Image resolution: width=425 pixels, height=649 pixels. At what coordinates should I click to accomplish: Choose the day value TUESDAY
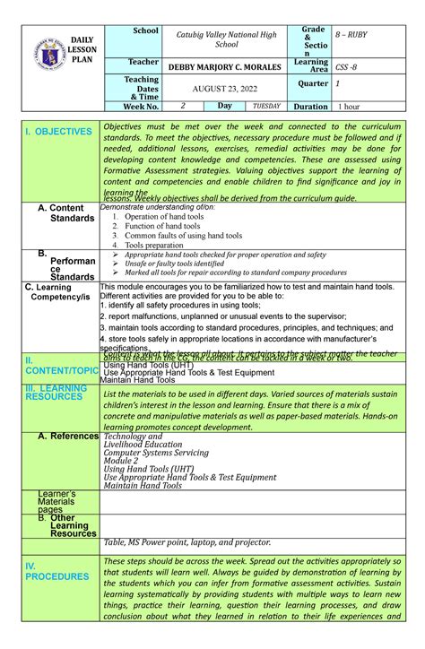[x=265, y=106]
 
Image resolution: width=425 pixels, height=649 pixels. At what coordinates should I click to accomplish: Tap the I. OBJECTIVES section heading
[x=59, y=132]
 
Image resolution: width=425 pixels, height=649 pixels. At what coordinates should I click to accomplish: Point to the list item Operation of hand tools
[x=163, y=217]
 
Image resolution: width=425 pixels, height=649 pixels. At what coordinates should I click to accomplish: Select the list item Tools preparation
[x=154, y=244]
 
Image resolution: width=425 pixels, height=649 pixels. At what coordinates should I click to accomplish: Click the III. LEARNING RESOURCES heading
[x=56, y=394]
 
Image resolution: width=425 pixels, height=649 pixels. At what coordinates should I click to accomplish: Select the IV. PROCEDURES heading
[x=56, y=571]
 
